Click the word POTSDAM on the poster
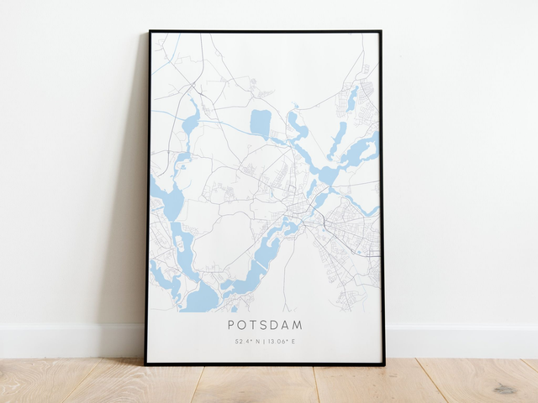tap(265, 325)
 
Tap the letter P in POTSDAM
tap(231, 325)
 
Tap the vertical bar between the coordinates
tap(265, 342)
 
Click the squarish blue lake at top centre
tap(261, 123)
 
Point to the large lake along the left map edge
tap(171, 201)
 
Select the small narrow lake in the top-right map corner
tap(353, 98)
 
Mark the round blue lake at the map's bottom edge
tap(202, 297)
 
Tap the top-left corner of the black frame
tap(150, 32)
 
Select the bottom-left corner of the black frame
tap(146, 364)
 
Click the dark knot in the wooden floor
tap(504, 389)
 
